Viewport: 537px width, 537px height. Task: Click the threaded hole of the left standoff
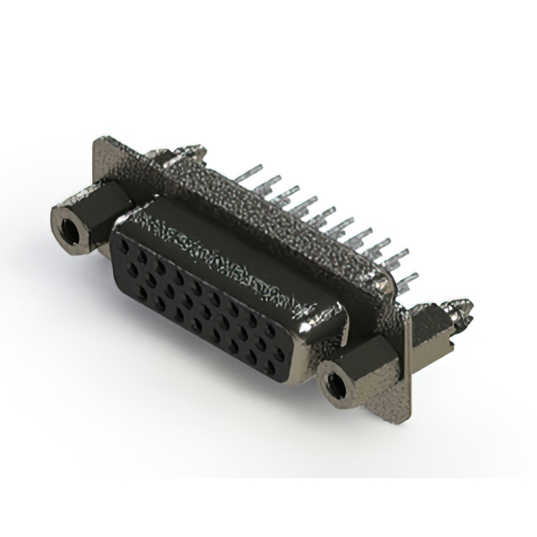(66, 222)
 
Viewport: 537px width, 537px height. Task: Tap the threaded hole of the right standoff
(336, 385)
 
